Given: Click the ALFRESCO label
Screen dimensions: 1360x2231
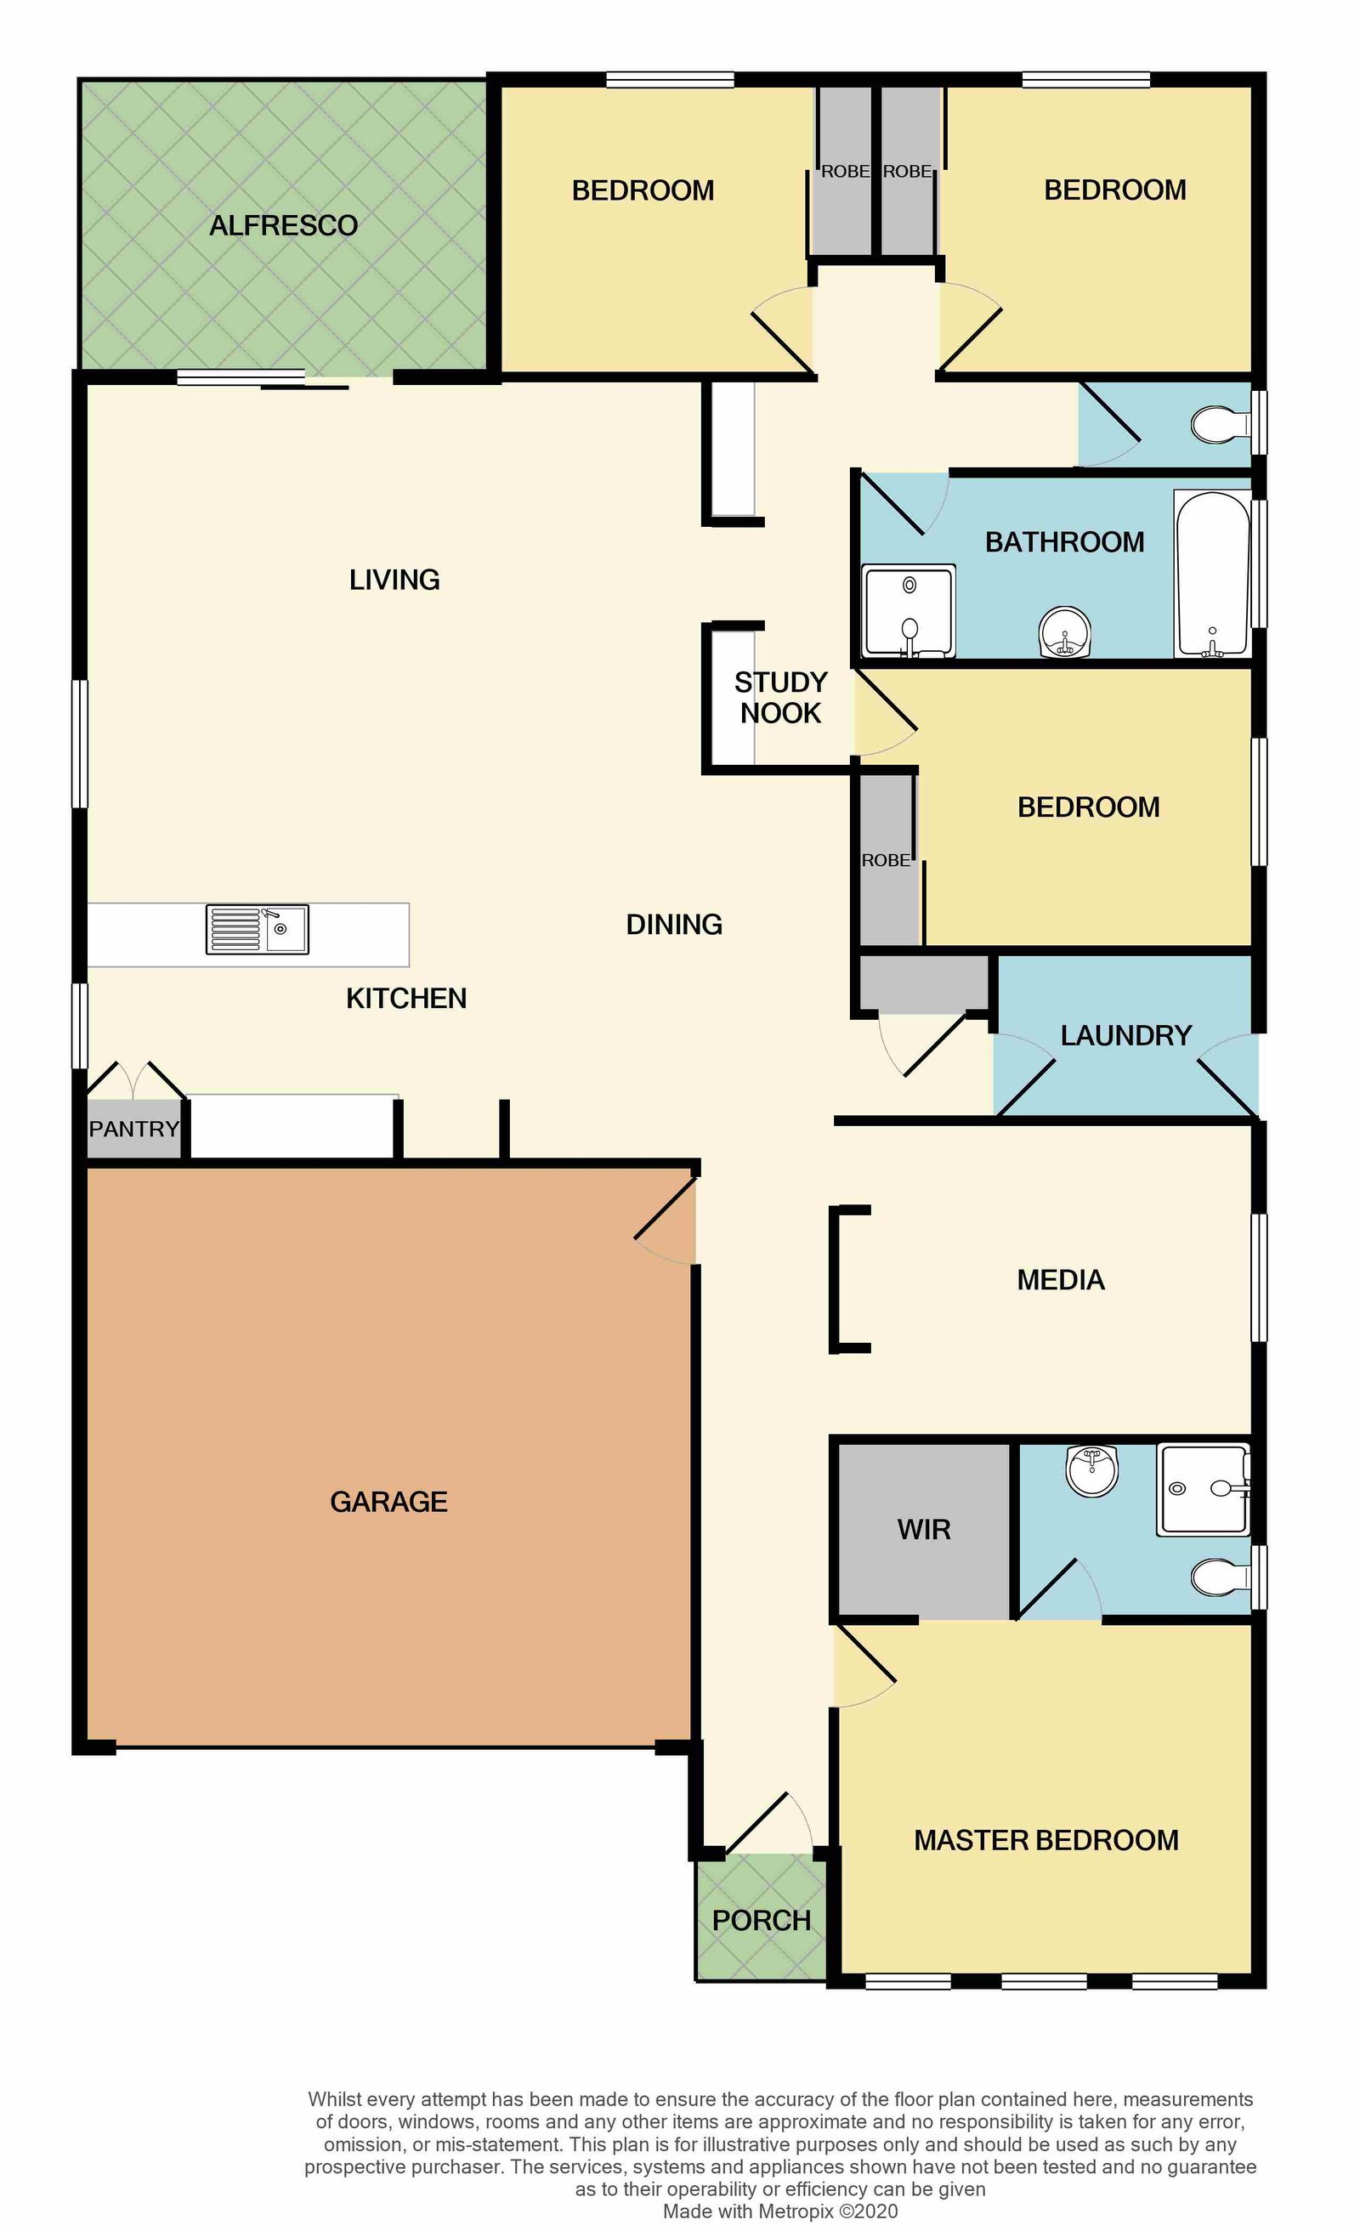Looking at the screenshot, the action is [x=283, y=225].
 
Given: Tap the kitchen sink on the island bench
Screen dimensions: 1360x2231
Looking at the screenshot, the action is [x=258, y=929].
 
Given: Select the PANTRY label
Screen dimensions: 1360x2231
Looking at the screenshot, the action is [x=134, y=1129].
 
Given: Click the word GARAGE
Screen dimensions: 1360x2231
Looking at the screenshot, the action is [x=388, y=1501].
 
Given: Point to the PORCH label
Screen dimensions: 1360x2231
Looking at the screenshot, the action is [x=762, y=1921].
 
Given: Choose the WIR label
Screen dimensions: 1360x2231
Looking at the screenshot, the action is [x=924, y=1529].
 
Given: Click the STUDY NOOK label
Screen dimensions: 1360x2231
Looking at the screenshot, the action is [x=780, y=697].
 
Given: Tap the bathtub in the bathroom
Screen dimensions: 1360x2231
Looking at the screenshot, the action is [x=1212, y=573].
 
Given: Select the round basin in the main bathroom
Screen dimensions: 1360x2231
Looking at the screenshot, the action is [x=1065, y=631].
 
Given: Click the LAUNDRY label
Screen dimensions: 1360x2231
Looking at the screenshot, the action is [x=1125, y=1035].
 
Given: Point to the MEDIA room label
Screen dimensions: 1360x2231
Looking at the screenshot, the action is [x=1060, y=1279].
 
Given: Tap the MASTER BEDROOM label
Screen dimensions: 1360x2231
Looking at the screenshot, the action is [x=1045, y=1840].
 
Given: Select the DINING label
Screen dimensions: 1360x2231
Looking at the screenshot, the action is [x=674, y=925].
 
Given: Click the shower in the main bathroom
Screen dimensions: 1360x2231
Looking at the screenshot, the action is [x=908, y=610].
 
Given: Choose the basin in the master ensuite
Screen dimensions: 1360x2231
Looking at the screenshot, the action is [x=1092, y=1471].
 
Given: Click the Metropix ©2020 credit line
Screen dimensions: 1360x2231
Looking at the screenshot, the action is [x=780, y=2211].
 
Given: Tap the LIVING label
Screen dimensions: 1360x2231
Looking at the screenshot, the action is [x=394, y=580].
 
